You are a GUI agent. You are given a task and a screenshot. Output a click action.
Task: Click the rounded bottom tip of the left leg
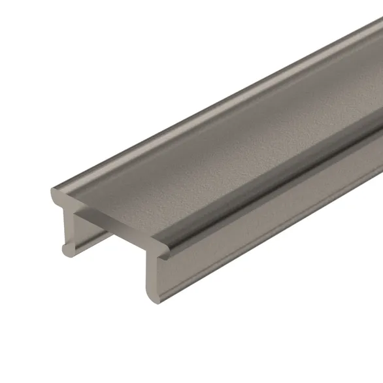(65, 249)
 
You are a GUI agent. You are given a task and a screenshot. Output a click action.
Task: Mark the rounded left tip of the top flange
(54, 195)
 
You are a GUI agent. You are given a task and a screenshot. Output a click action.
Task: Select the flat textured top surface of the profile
(216, 150)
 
